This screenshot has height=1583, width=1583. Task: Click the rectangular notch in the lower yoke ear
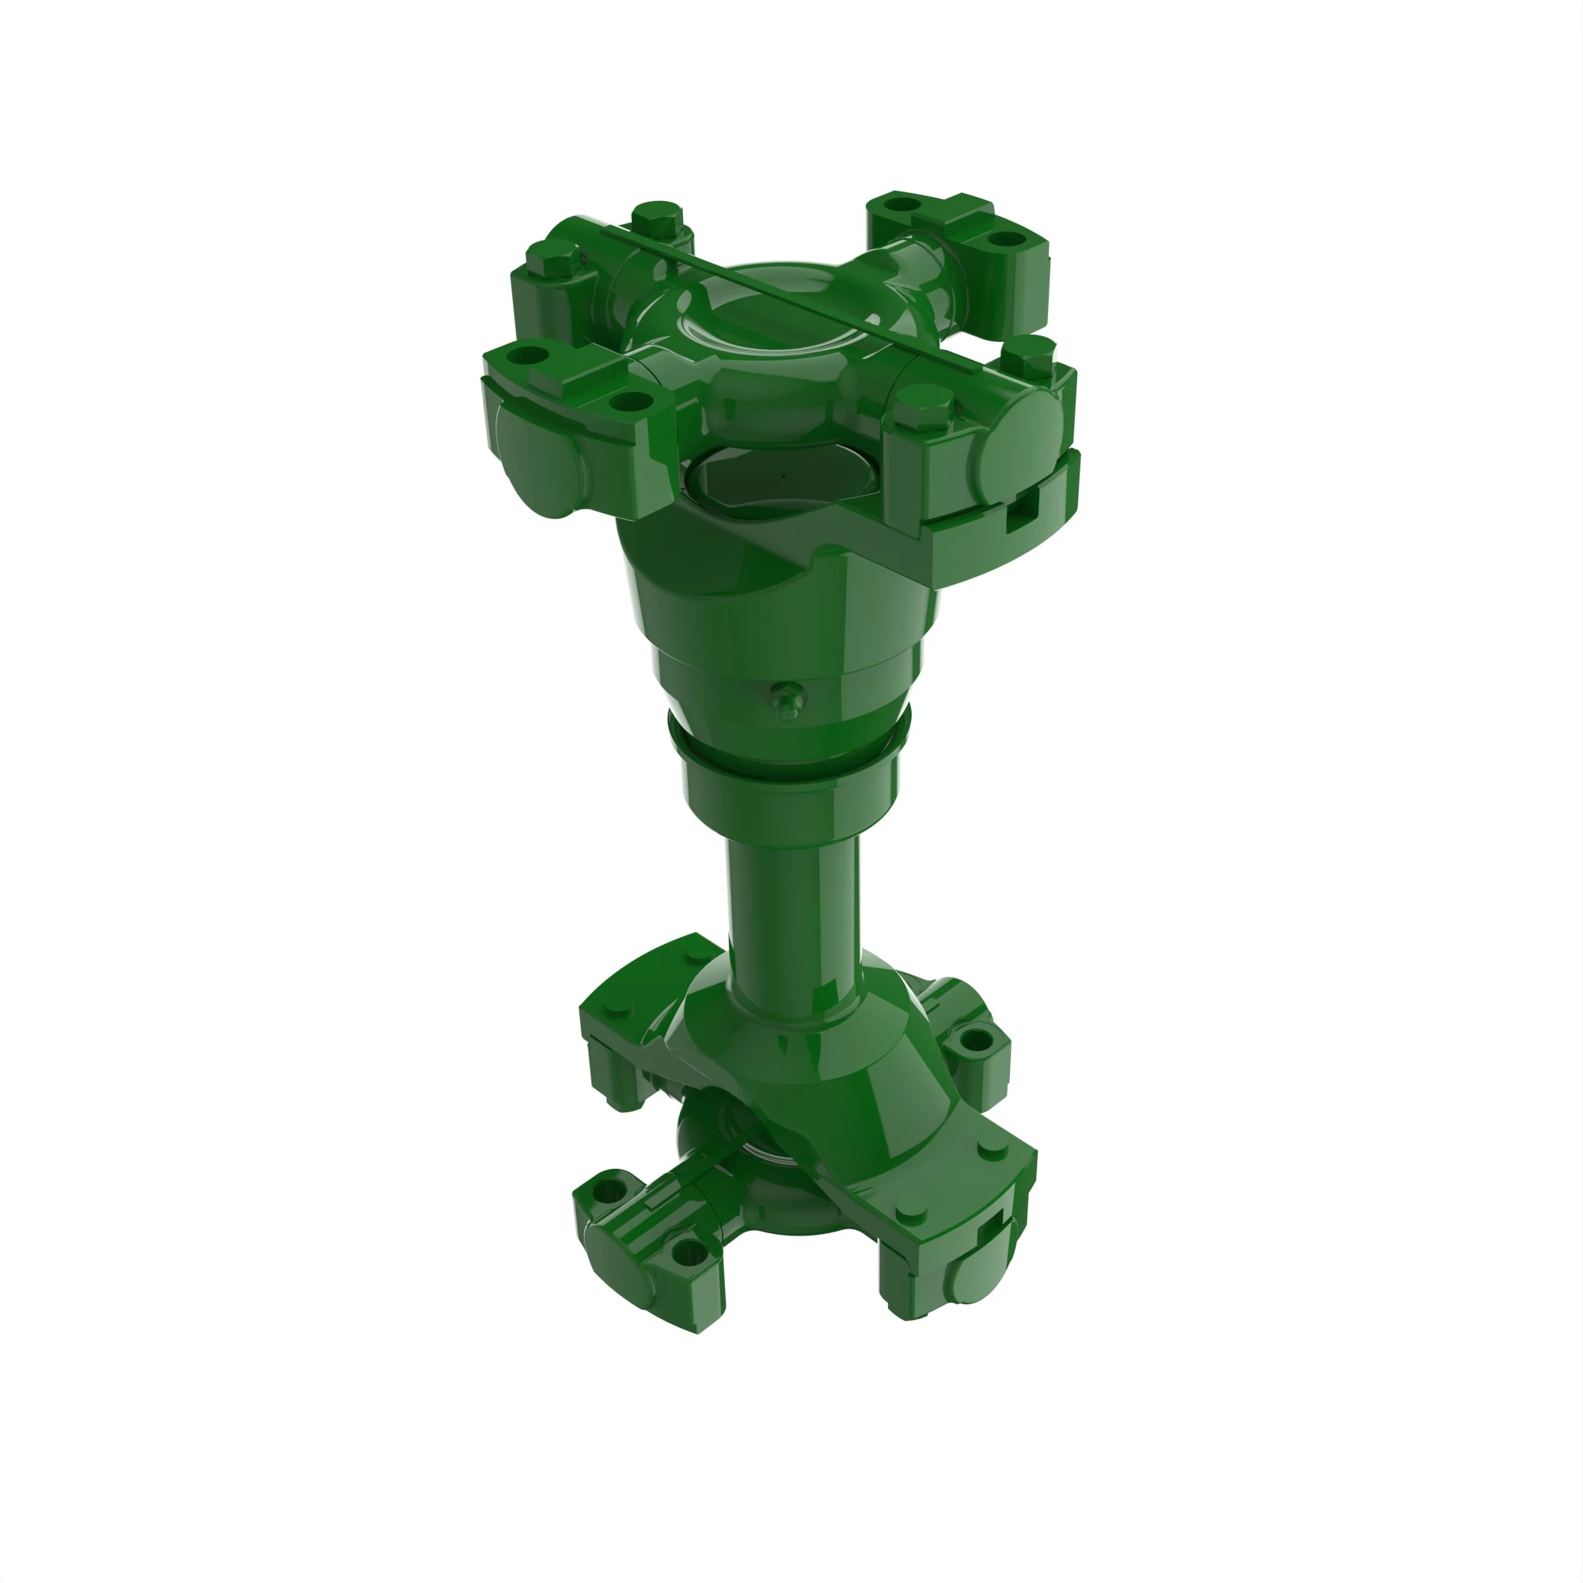996,1226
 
